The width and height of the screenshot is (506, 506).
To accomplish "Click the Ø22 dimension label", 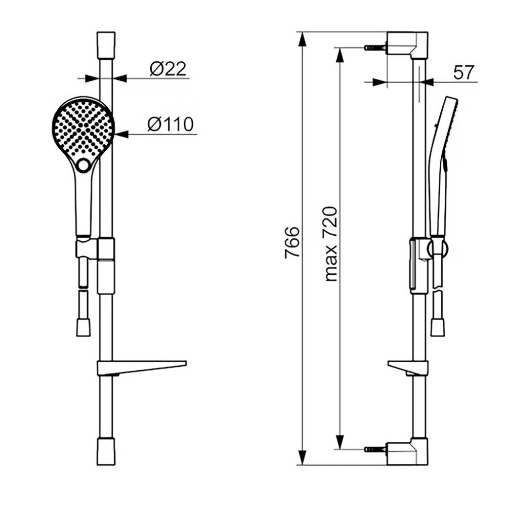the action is tap(168, 69).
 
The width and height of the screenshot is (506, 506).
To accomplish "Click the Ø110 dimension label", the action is tap(171, 124).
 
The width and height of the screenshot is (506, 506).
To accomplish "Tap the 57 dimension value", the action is tap(463, 72).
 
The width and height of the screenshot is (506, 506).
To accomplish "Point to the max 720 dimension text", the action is tap(331, 244).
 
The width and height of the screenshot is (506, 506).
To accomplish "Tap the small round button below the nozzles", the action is tap(83, 165).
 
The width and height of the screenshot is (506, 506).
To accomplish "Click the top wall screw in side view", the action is tap(375, 48).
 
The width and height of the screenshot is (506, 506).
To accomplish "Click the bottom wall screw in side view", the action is tap(375, 449).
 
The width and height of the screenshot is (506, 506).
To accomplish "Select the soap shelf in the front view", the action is tap(142, 368).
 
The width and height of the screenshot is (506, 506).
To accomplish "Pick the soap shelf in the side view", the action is tap(408, 368).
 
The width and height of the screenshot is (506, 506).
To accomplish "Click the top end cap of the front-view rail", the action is tap(106, 45).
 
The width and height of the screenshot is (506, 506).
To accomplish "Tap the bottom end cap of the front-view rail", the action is tap(106, 452).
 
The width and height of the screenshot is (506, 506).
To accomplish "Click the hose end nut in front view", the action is tap(83, 327).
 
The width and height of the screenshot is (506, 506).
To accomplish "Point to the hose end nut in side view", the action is tap(438, 327).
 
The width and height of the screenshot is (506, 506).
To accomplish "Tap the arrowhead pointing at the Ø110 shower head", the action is tap(121, 134).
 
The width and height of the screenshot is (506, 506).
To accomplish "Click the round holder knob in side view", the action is tap(438, 248).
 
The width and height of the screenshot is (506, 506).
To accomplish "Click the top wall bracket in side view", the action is tap(407, 45).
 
